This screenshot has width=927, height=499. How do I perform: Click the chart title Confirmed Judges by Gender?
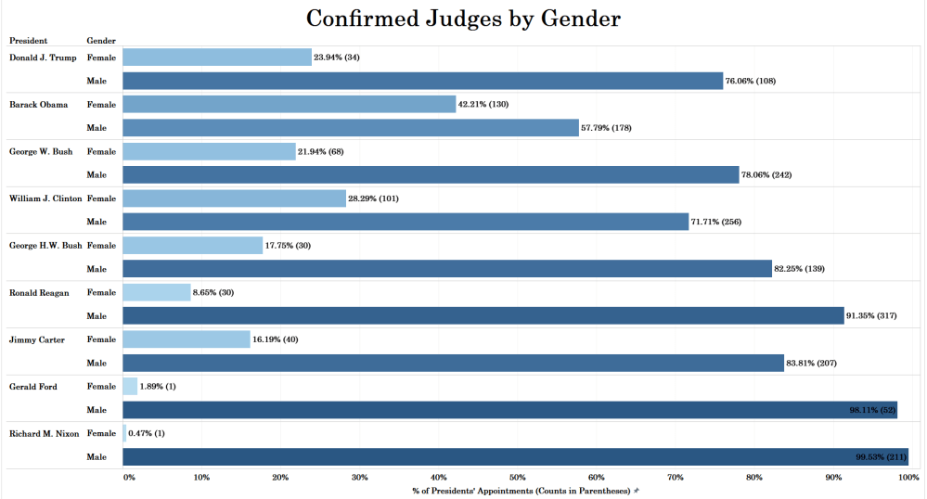point(463,19)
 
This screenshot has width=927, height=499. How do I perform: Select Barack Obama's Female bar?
point(289,104)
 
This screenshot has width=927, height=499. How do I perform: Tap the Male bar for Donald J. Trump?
point(422,81)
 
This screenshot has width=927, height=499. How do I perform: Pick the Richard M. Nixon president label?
point(44,433)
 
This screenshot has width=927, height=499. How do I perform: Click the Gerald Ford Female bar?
point(130,387)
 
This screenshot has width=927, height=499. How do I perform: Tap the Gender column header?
point(100,41)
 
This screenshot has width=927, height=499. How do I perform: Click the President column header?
point(28,41)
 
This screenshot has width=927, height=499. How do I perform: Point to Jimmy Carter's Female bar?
point(187,339)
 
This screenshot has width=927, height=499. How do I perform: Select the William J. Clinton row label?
point(45,198)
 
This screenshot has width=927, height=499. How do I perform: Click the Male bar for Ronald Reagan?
point(483,316)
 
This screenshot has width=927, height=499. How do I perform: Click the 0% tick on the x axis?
point(129,477)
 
